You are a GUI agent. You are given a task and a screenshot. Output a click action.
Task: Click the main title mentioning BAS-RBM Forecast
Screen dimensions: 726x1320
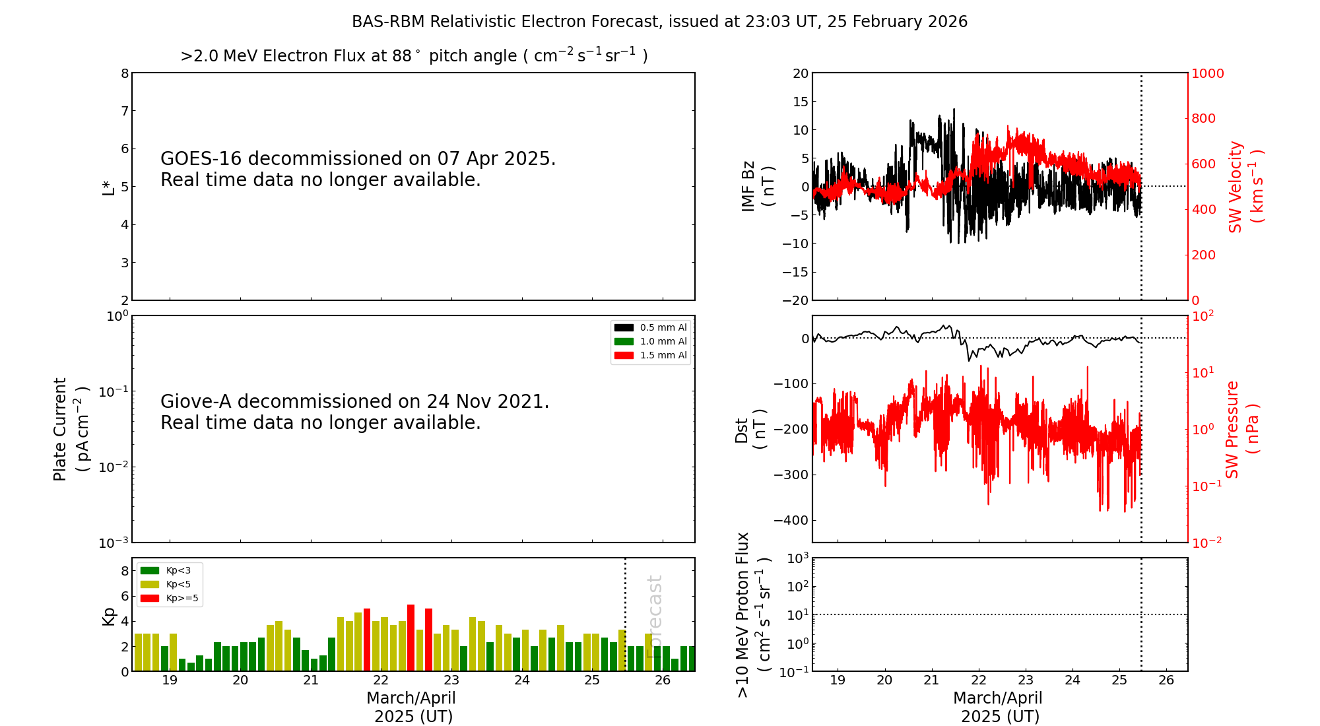click(x=659, y=22)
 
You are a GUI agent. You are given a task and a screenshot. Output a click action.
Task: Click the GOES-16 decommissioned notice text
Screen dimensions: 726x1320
click(x=358, y=169)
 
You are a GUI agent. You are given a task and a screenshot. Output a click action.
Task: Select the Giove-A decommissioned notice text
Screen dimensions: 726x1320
click(x=354, y=412)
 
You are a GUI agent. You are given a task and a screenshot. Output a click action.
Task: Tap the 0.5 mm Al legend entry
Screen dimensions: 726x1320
click(x=651, y=327)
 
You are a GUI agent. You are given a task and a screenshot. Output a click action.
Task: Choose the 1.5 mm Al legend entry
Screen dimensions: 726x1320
click(x=651, y=355)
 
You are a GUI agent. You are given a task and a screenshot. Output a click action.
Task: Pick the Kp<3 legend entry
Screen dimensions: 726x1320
click(x=166, y=570)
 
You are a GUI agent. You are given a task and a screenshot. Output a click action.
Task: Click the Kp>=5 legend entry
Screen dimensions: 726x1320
click(x=169, y=599)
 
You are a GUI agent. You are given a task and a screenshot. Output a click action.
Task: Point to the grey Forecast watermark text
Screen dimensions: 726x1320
click(x=654, y=616)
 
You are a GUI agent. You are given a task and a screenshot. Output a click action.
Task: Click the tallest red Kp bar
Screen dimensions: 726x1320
click(x=411, y=638)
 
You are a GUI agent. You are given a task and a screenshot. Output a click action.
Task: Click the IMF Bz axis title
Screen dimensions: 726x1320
click(x=758, y=187)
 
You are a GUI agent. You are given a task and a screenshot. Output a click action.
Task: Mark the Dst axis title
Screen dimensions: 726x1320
click(x=750, y=429)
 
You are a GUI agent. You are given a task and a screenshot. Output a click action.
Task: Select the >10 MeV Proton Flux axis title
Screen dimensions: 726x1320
click(x=753, y=614)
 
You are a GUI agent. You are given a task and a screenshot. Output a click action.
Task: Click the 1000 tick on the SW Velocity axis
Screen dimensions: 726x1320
click(x=1207, y=73)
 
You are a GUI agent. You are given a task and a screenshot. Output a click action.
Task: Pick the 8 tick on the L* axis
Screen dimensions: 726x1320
click(x=125, y=73)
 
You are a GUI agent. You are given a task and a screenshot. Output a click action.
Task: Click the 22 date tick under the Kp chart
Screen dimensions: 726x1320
click(x=381, y=680)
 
